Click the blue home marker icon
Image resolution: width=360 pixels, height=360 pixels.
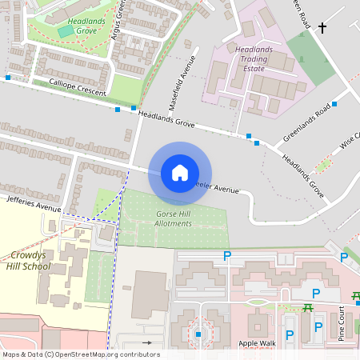pos(180,173)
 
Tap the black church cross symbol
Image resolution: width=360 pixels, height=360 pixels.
pos(323,29)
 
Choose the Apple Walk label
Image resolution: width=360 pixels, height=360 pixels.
pos(256,343)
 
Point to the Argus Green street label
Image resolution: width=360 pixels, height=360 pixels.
pos(121,18)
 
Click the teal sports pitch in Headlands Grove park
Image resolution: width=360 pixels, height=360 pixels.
pos(65,30)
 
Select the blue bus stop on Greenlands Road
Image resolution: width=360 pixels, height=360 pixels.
pos(334,105)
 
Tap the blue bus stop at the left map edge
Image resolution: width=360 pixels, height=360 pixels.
pos(7,78)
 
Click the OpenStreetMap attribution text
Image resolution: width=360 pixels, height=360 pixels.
pos(80,354)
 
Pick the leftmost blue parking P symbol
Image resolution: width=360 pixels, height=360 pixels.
pos(227,256)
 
